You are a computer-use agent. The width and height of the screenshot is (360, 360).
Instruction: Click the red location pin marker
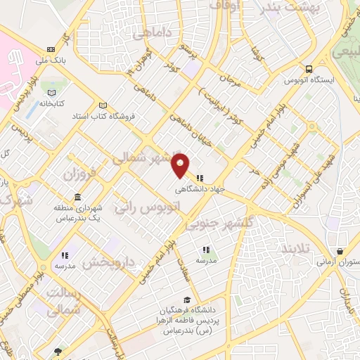tap(181, 165)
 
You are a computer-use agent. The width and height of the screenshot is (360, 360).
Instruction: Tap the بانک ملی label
tap(52, 60)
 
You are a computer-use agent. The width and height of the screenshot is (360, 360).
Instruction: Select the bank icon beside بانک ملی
tap(51, 49)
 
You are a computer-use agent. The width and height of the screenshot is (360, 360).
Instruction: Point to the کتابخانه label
tap(51, 103)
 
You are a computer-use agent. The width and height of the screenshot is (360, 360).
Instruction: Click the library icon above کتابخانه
tap(51, 92)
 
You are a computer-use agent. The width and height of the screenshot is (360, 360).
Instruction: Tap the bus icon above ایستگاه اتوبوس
tap(309, 69)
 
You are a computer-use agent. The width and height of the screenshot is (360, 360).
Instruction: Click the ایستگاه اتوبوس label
tap(310, 80)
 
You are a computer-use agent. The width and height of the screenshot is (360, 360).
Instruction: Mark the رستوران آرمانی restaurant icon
tap(340, 252)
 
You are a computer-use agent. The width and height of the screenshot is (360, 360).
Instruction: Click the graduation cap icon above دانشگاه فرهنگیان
tap(186, 300)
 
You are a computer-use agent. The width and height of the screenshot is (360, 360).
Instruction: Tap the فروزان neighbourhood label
tap(79, 172)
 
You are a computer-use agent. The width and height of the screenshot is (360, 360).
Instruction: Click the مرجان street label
tap(231, 78)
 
